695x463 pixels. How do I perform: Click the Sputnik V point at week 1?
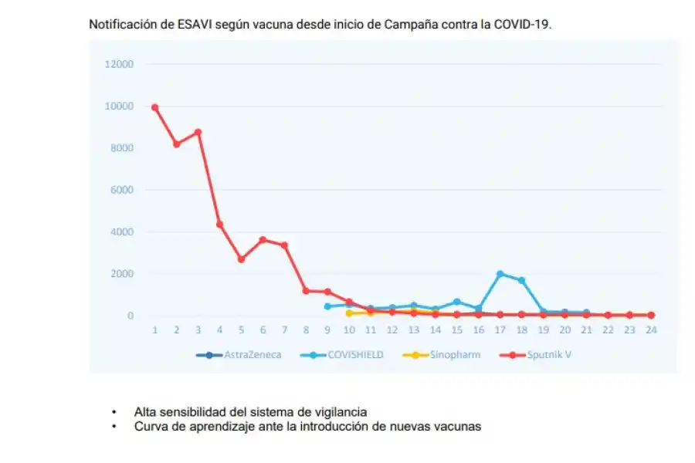coord(155,107)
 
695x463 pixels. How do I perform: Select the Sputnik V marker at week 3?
coord(198,132)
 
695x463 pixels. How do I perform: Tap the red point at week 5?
coord(241,259)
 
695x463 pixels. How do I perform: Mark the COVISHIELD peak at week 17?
coord(500,274)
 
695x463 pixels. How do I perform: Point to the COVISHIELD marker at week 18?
coord(522,280)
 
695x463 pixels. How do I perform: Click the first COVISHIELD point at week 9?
coord(327,306)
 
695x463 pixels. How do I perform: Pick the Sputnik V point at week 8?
coord(306,291)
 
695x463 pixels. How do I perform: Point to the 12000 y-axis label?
coord(120,64)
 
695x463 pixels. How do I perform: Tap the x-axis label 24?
coord(651,330)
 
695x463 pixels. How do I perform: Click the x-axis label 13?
coord(414,330)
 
